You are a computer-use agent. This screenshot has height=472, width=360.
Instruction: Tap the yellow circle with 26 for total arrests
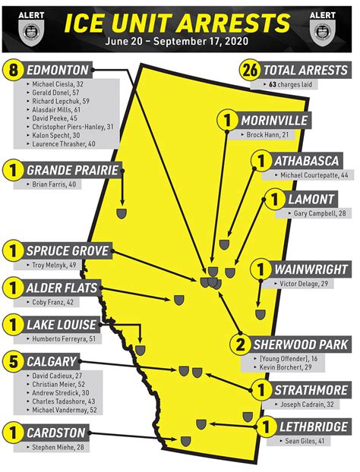point(249,71)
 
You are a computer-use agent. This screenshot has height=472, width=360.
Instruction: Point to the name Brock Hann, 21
point(267,134)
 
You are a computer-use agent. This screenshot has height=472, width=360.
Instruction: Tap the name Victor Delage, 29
point(303,284)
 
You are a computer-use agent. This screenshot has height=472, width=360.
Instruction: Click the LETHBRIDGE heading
point(314,427)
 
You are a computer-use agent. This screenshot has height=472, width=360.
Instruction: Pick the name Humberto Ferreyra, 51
point(63,339)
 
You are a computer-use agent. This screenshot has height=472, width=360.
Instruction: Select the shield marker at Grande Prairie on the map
point(121,215)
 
